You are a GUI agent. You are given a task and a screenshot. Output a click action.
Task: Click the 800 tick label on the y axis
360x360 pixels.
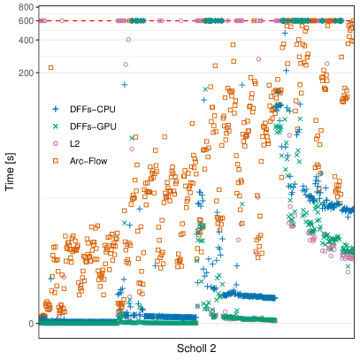pos(25,7)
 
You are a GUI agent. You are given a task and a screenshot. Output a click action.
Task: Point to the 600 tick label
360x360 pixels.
pos(25,20)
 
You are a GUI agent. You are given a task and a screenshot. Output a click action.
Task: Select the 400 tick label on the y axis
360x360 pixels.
pos(25,39)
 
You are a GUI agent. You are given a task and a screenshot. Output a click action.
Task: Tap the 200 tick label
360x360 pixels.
pos(25,72)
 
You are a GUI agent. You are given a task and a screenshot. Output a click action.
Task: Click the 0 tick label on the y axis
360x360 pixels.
pos(30,323)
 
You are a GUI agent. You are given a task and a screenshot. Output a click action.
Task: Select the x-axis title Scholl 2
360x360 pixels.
pos(196,349)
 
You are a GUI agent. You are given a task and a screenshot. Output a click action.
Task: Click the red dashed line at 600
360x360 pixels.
pos(88,20)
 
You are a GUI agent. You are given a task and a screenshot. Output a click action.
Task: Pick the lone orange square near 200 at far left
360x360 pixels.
pos(51,67)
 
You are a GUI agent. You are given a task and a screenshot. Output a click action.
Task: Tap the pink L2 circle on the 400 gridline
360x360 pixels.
pos(128,39)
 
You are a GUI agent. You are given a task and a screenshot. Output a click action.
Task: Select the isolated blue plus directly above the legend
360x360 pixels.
pos(124,86)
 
